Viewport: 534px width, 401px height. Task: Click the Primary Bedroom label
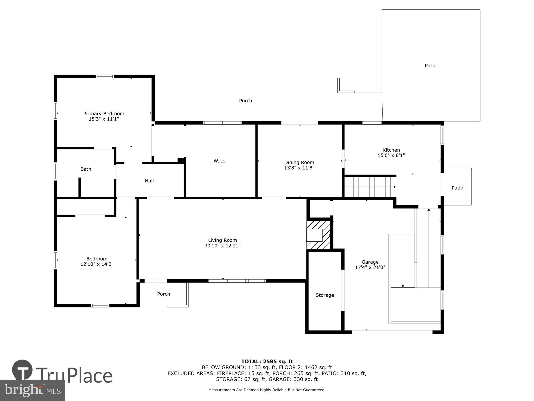click(104, 114)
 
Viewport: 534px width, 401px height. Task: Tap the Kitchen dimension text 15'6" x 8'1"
click(391, 155)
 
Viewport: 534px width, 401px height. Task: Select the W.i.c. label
click(220, 161)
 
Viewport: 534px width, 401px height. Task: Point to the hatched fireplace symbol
click(318, 235)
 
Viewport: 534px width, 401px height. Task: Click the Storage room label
click(325, 295)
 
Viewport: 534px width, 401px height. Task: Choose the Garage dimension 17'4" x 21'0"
click(370, 267)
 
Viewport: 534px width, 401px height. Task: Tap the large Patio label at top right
click(430, 66)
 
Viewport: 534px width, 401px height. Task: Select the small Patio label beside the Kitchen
click(457, 188)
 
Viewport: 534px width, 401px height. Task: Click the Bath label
click(86, 169)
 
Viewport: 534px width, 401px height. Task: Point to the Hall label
click(149, 181)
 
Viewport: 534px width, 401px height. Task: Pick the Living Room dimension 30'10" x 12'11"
click(222, 246)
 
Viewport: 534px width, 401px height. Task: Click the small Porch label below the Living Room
click(163, 294)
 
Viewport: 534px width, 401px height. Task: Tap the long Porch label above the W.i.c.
click(245, 101)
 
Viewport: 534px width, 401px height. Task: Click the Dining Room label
click(299, 163)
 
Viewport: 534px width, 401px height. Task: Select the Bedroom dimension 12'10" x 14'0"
click(97, 264)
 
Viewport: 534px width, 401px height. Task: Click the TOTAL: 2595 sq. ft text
click(267, 362)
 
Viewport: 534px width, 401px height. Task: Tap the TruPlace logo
click(63, 374)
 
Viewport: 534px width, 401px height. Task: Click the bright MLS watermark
click(33, 391)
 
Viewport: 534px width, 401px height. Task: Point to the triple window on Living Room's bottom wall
click(237, 281)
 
